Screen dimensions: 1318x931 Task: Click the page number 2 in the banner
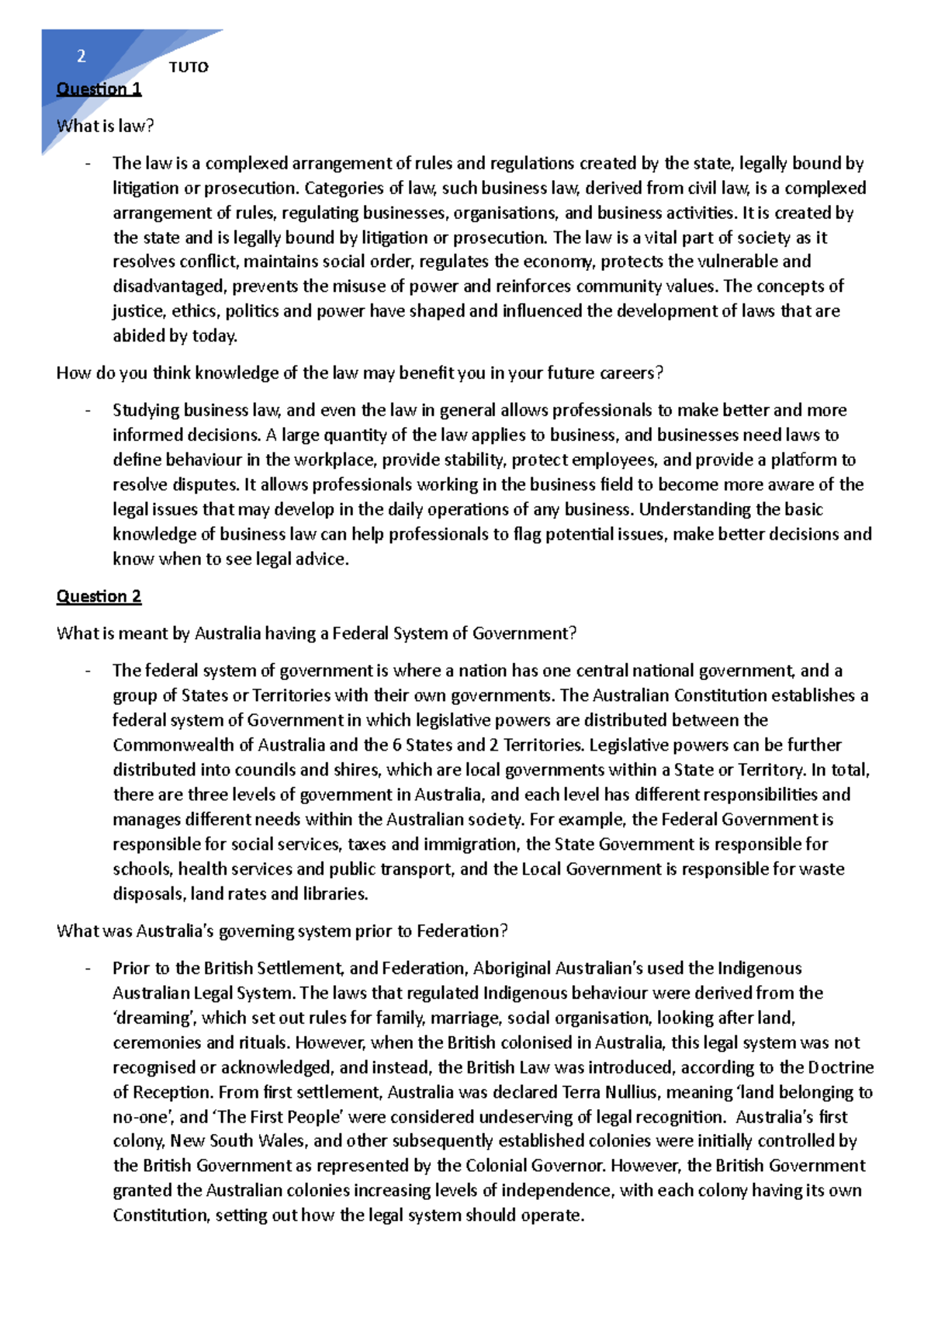(81, 56)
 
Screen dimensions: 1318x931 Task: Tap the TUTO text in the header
(189, 68)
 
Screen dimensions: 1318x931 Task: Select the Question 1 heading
(99, 89)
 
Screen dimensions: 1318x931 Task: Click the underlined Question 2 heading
(99, 596)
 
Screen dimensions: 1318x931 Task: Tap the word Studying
(145, 410)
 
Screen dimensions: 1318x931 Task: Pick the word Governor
(568, 1166)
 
